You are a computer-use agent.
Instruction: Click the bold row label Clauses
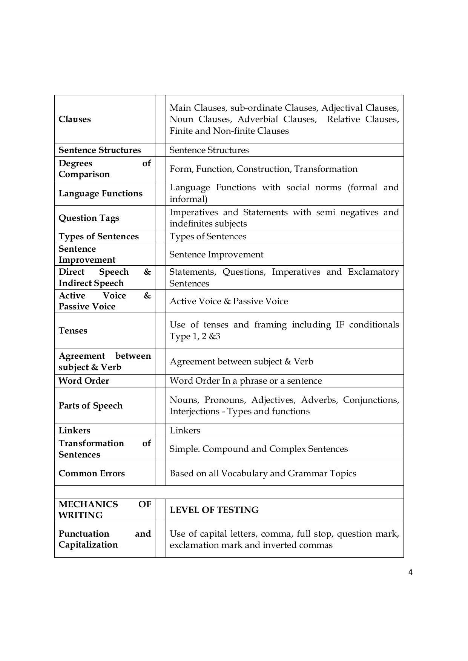tap(75, 119)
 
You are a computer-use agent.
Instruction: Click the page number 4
tap(410, 572)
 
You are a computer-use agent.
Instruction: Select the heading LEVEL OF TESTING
tap(214, 510)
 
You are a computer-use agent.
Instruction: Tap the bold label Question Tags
tap(89, 218)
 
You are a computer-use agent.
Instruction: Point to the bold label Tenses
tap(73, 330)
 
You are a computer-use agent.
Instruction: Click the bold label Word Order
tap(84, 381)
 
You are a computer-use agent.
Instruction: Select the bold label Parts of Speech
tap(91, 405)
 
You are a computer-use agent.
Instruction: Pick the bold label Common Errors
tap(92, 473)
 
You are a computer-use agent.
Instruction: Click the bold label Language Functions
tap(100, 193)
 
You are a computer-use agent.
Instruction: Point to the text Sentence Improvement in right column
tap(216, 254)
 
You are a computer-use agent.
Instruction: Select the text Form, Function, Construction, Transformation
tap(263, 169)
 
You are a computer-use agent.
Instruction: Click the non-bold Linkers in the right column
tap(185, 430)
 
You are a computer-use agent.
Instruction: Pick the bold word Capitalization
tap(88, 545)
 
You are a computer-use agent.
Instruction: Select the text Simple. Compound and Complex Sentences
tap(258, 449)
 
